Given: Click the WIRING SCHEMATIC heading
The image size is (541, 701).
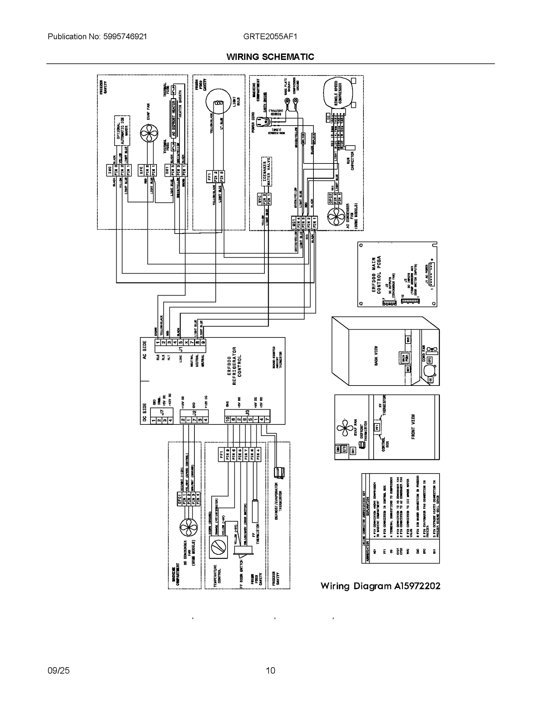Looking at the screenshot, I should point(270,57).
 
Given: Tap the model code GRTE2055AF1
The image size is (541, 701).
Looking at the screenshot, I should point(270,37).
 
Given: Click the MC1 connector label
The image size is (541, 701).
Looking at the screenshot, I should point(294,222).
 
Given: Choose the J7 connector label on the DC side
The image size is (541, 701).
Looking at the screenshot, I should point(162,412).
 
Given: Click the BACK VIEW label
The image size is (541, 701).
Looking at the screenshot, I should point(376,355).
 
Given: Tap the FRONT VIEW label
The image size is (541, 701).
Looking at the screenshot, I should point(413,427).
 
